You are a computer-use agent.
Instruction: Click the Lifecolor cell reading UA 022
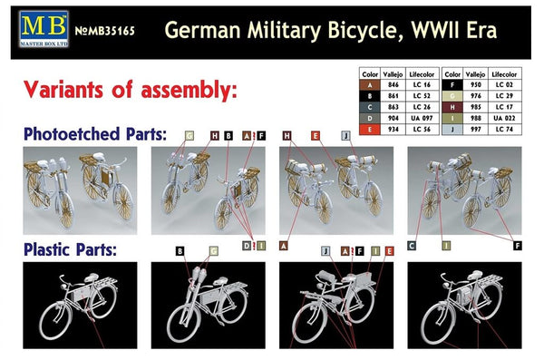click(510, 117)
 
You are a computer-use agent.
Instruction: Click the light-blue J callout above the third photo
click(345, 136)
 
